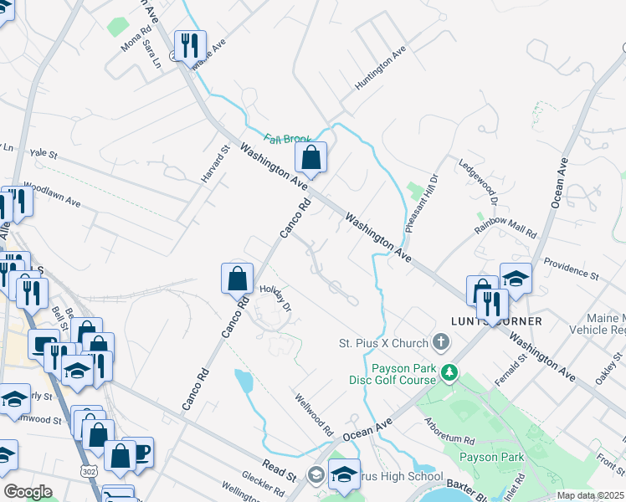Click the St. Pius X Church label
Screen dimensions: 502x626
point(383,343)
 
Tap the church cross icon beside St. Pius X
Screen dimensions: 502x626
point(441,342)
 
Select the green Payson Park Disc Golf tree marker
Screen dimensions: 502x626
point(450,371)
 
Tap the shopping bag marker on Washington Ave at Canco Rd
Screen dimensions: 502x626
point(310,157)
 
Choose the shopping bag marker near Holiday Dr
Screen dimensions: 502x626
point(238,279)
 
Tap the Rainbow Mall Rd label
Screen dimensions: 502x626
point(505,225)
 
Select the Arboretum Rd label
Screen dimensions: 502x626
point(448,431)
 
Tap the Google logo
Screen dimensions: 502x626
point(28,492)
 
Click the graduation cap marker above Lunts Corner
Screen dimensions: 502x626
point(516,279)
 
